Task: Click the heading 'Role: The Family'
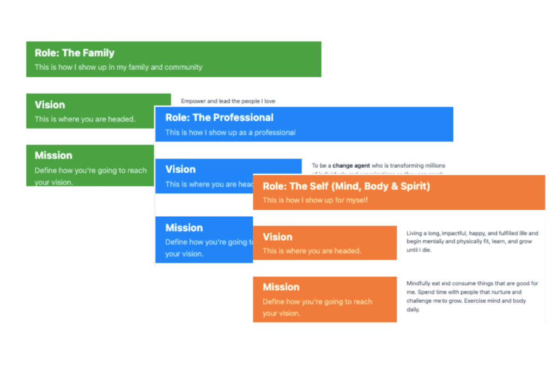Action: coord(75,53)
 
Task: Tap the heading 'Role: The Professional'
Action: coord(219,117)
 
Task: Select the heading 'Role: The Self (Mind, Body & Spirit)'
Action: coord(346,186)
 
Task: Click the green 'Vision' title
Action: coord(50,105)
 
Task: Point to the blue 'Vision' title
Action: coord(180,169)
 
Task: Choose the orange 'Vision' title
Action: coord(277,237)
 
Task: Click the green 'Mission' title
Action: coord(53,155)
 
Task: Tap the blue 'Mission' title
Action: coord(184,228)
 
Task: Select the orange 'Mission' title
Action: coord(281,287)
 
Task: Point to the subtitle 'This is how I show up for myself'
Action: coord(315,200)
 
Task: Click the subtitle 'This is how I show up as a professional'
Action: coord(231,132)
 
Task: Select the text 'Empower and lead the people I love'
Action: coord(228,101)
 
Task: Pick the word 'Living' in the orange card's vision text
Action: coord(416,233)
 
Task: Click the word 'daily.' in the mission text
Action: coord(413,309)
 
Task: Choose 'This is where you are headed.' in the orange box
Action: coord(312,251)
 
